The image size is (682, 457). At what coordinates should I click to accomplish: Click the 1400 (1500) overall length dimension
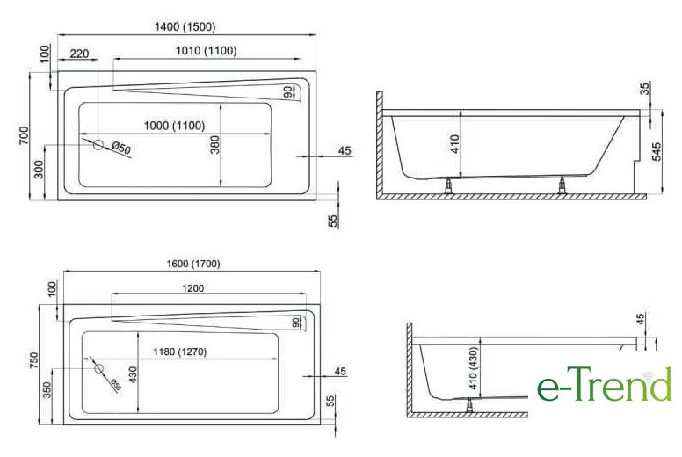click(x=185, y=27)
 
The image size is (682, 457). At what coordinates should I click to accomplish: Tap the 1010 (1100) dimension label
click(x=207, y=51)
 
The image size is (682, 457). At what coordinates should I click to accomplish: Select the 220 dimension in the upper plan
click(x=79, y=54)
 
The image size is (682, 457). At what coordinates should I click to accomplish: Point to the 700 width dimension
click(x=24, y=135)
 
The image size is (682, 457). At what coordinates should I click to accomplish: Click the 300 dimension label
click(x=39, y=170)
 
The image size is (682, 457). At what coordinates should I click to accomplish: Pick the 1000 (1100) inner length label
click(x=174, y=126)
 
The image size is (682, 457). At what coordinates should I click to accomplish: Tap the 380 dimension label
click(x=214, y=145)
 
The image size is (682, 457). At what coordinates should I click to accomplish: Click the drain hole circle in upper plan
click(x=98, y=145)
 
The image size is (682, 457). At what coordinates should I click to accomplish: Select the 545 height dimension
click(x=657, y=151)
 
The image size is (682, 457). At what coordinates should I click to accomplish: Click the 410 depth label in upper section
click(x=454, y=144)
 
